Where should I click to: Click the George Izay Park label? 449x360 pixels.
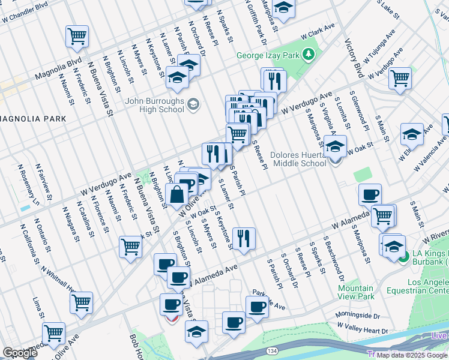pos(268,55)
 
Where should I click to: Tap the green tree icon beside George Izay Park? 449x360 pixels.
pos(309,55)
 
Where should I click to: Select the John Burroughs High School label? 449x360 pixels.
pos(155,105)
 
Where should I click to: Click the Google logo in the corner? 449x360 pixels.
pos(19,353)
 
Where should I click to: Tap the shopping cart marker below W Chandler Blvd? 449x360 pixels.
pos(77,37)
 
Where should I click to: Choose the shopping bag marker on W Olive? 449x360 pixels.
pos(178,194)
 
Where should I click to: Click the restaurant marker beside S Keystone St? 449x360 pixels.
pos(244,238)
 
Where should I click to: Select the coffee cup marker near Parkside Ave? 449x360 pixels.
pos(258,307)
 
